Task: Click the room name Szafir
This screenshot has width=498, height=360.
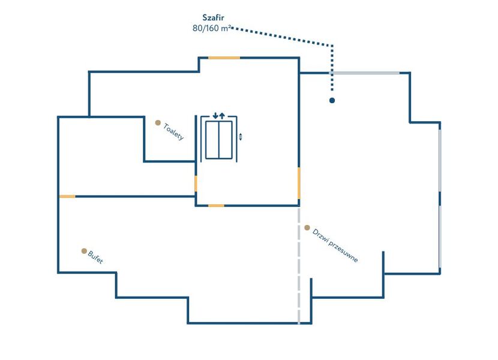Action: point(213,18)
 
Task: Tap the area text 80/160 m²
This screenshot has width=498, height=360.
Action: point(208,28)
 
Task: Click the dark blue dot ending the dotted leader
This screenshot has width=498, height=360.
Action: point(332,100)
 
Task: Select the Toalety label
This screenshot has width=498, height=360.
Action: point(173,132)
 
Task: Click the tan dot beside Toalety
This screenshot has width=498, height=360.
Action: point(158,122)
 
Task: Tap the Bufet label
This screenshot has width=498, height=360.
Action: point(95,257)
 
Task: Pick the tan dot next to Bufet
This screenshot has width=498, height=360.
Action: point(84,251)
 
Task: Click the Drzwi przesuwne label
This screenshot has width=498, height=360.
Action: point(335,246)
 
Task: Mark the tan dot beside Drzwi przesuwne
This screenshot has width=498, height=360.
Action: point(307,228)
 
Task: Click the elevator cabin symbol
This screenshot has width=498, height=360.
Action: point(218,140)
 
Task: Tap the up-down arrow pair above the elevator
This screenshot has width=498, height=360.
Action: point(218,115)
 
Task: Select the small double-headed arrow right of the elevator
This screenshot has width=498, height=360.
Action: point(241,137)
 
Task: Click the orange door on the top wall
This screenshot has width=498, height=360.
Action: point(224,58)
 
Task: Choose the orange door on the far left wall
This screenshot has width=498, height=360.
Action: point(67,196)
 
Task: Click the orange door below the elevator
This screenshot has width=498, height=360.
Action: point(216,205)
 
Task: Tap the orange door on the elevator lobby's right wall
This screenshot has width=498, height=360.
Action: point(299,182)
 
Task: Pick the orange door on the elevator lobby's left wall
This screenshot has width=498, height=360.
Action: point(196,184)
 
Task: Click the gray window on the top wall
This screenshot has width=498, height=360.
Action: point(366,73)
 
